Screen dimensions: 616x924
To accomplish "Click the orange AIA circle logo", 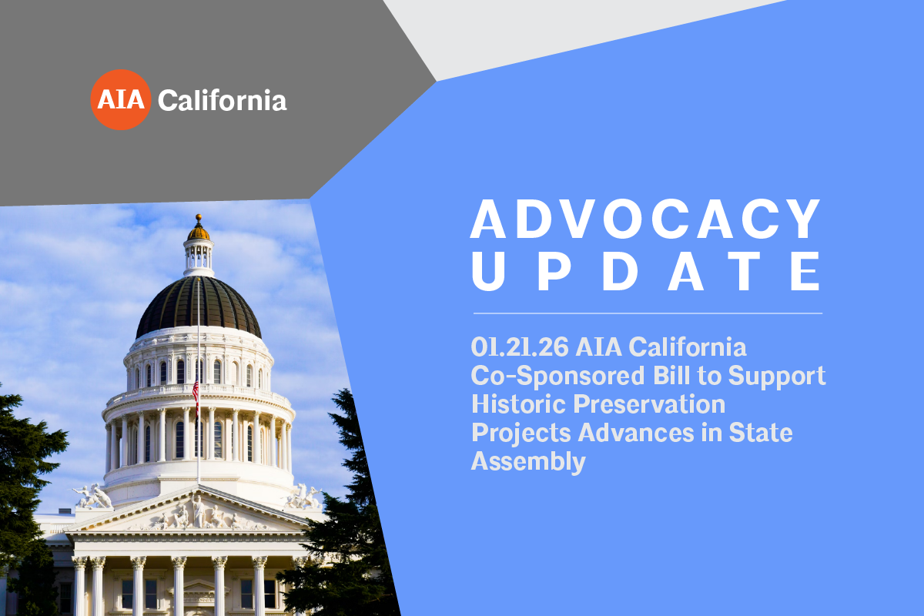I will (120, 99).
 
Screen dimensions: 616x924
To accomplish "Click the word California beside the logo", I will (223, 100).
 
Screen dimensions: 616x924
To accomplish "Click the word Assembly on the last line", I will (528, 461).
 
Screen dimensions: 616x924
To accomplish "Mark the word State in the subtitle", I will (764, 433).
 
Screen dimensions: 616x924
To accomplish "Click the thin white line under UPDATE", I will (647, 313).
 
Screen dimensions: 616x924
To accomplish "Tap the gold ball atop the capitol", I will (198, 229).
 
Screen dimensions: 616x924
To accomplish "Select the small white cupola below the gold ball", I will (198, 254).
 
